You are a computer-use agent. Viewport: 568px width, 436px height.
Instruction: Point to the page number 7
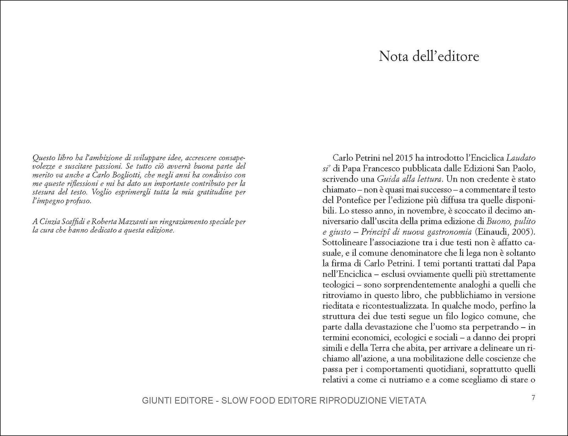533,398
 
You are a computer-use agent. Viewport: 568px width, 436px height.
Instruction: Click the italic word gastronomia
447,232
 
